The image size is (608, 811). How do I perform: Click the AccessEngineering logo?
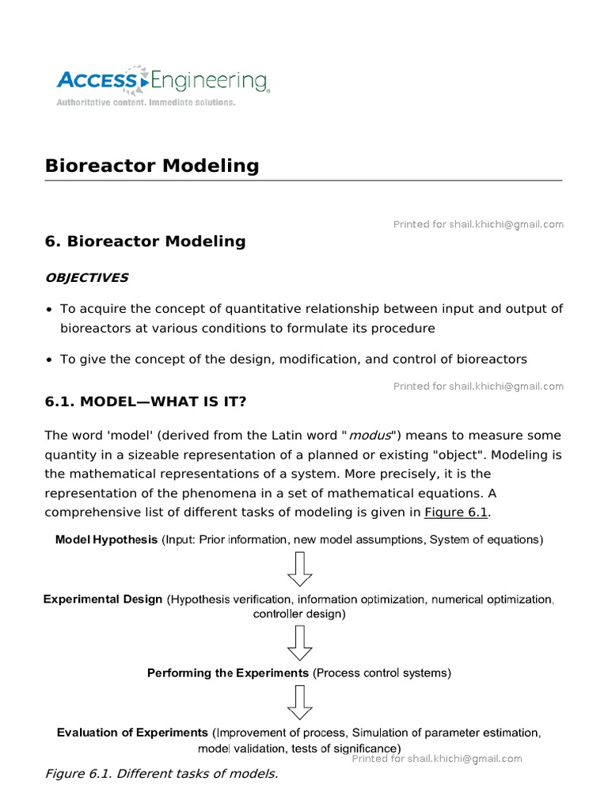[x=162, y=80]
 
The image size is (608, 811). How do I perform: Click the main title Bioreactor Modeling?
[x=152, y=166]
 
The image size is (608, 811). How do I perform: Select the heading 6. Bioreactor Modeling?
[x=146, y=242]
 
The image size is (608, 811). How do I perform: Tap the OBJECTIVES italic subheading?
[x=86, y=278]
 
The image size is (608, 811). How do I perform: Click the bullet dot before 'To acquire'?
[x=50, y=310]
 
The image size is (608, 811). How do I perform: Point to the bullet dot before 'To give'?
[x=50, y=360]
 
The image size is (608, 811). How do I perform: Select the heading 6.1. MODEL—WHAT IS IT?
[x=146, y=402]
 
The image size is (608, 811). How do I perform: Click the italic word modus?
[x=370, y=436]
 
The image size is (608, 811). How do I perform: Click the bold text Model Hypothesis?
[x=106, y=540]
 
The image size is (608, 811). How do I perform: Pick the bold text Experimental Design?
[x=103, y=600]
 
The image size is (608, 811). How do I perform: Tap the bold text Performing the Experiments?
[x=228, y=673]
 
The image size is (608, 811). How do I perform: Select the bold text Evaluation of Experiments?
[x=132, y=733]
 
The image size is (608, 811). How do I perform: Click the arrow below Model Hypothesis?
[x=300, y=569]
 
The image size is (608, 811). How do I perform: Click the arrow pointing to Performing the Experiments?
[x=300, y=642]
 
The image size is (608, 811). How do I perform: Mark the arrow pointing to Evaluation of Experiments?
[x=300, y=702]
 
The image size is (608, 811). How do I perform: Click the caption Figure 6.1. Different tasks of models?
[x=161, y=774]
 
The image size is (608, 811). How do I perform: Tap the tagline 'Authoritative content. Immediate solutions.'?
[x=145, y=103]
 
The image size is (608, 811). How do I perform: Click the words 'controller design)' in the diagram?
[x=299, y=614]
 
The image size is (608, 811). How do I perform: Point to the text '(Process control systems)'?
[x=382, y=673]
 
